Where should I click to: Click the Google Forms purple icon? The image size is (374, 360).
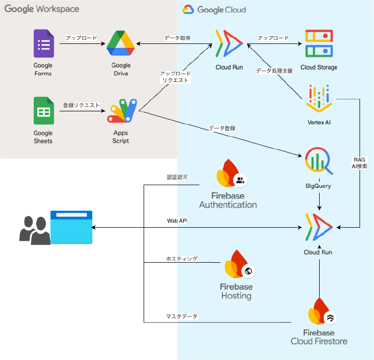(x=43, y=44)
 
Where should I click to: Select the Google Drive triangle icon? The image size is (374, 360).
(x=121, y=44)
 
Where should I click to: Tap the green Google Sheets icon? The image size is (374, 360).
(x=43, y=110)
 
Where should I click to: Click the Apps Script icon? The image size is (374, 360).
(x=122, y=110)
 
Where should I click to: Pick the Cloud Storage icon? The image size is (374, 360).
(x=319, y=44)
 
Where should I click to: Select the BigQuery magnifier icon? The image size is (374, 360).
(x=318, y=161)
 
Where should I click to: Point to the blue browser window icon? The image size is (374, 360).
(x=71, y=227)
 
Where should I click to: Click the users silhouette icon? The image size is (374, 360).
(x=34, y=231)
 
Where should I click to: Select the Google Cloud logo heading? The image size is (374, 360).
(x=214, y=9)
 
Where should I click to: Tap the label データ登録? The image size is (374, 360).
(x=222, y=128)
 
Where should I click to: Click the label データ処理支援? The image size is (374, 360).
(x=274, y=71)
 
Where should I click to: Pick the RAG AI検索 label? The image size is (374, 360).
(x=359, y=163)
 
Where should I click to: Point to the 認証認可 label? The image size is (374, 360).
(x=177, y=177)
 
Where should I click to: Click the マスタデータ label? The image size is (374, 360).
(x=182, y=317)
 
